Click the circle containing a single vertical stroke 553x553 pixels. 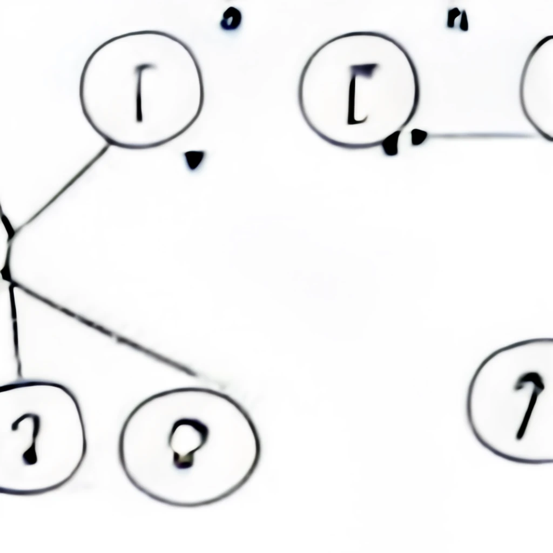coord(141,89)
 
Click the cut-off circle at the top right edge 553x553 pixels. coord(540,89)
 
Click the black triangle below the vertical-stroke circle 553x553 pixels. coord(194,160)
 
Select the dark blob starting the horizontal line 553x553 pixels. coord(417,137)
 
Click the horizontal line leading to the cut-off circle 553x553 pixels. coord(481,136)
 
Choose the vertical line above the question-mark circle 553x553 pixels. coord(16,329)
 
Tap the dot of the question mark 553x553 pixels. coord(30,457)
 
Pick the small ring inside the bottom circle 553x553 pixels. coord(187,440)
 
